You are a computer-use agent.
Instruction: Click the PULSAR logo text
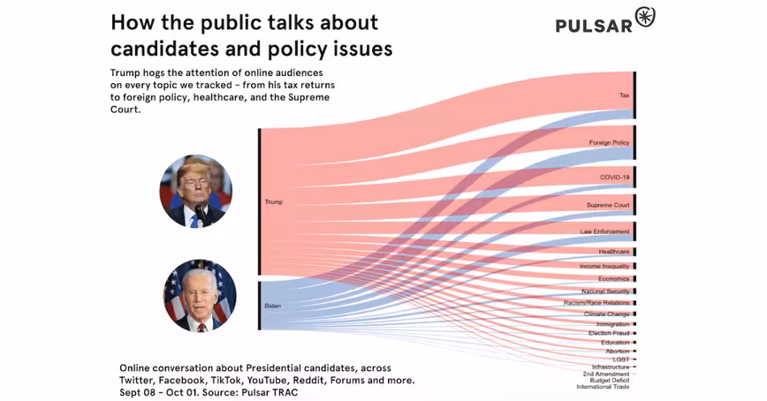click(x=594, y=25)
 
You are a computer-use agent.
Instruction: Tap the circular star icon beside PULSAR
click(x=645, y=17)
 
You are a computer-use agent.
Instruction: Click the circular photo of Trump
click(x=195, y=192)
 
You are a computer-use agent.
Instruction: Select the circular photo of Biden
click(x=200, y=295)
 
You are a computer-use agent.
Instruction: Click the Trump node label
click(x=274, y=202)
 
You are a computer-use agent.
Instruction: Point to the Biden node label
click(x=273, y=306)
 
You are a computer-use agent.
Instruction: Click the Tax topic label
click(x=624, y=95)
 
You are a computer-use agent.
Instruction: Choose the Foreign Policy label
click(x=609, y=142)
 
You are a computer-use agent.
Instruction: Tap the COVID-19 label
click(x=614, y=178)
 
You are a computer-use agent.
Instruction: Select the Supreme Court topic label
click(x=608, y=205)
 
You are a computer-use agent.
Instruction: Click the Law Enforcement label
click(x=604, y=231)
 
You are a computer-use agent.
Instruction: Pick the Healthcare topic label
click(x=613, y=252)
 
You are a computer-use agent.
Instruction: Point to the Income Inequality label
click(x=604, y=266)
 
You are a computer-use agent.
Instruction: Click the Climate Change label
click(x=606, y=314)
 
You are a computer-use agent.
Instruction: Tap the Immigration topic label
click(x=612, y=324)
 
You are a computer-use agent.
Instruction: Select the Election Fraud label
click(x=609, y=333)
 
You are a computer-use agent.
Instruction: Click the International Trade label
click(x=603, y=387)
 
